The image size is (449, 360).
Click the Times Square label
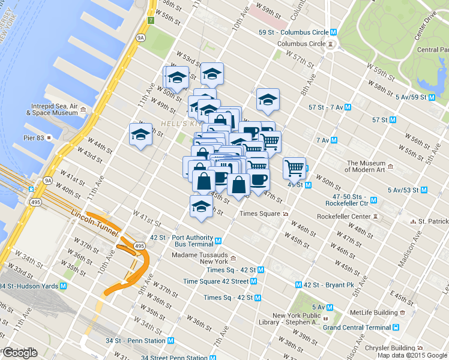(x=261, y=214)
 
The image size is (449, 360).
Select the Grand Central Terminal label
(x=357, y=328)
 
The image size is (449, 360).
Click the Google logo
(x=19, y=353)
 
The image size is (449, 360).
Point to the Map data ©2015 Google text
(x=412, y=355)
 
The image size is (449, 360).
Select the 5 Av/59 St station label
(x=415, y=97)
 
